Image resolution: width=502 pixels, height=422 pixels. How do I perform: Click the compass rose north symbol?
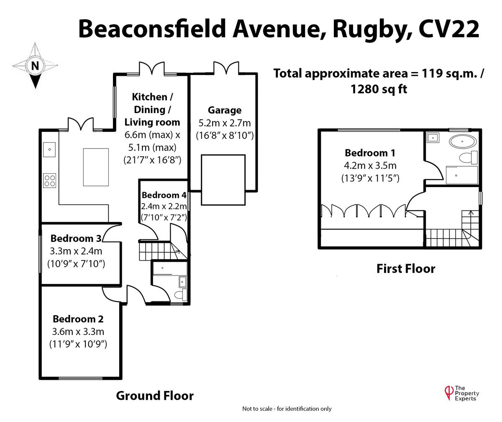pos(35,66)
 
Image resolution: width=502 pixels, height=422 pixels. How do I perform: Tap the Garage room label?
pos(225,110)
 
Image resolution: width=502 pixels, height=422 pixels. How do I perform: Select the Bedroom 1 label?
pos(370,152)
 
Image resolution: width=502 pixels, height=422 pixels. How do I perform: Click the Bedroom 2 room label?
pos(78,319)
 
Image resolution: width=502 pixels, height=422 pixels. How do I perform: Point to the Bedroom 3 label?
pos(76,238)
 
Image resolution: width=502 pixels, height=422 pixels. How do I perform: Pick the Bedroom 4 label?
pos(164,195)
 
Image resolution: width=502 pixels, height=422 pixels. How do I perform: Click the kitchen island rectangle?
pos(96,167)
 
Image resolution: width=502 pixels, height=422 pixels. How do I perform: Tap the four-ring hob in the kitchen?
pos(49,180)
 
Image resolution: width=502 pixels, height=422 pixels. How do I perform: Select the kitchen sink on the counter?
pos(49,148)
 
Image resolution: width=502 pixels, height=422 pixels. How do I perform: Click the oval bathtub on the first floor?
pos(462,142)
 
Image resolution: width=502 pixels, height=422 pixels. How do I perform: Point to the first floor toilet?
pos(468,158)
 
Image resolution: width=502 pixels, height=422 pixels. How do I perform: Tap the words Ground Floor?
pos(155,396)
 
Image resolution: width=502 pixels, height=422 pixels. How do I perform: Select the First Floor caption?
pos(406,268)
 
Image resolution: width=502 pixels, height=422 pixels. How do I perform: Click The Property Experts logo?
pos(461,393)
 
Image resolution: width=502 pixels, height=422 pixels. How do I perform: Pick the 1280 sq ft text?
pos(379,89)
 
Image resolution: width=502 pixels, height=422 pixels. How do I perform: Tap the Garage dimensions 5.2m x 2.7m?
pos(225,123)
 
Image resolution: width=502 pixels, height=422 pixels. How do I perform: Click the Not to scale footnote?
pos(287,409)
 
